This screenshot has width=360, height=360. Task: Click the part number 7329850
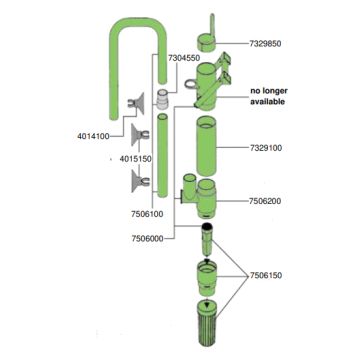[x=265, y=43]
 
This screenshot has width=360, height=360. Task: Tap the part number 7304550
[x=184, y=58]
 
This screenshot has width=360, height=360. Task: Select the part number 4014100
[x=93, y=136]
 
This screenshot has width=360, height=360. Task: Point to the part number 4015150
[x=136, y=159]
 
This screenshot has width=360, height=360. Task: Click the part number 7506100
[x=147, y=214]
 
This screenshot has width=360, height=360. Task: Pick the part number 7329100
[x=266, y=148]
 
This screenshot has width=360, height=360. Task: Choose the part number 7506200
[x=265, y=201]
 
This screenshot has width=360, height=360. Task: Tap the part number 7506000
[x=148, y=239]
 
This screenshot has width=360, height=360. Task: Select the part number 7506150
[x=266, y=276]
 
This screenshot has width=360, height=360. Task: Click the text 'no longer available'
[x=269, y=96]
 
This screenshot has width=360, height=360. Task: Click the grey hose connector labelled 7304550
[x=162, y=99]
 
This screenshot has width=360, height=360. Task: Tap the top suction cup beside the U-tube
[x=136, y=103]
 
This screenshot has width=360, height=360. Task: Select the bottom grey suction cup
[x=140, y=181]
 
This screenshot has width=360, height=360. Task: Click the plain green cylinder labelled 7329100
[x=207, y=147]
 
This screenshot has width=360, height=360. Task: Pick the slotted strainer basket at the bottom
[x=207, y=323]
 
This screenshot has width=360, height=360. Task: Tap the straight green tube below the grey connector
[x=162, y=155]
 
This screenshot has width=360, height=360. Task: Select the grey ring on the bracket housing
[x=190, y=84]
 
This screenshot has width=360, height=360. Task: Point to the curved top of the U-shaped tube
[x=138, y=24]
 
